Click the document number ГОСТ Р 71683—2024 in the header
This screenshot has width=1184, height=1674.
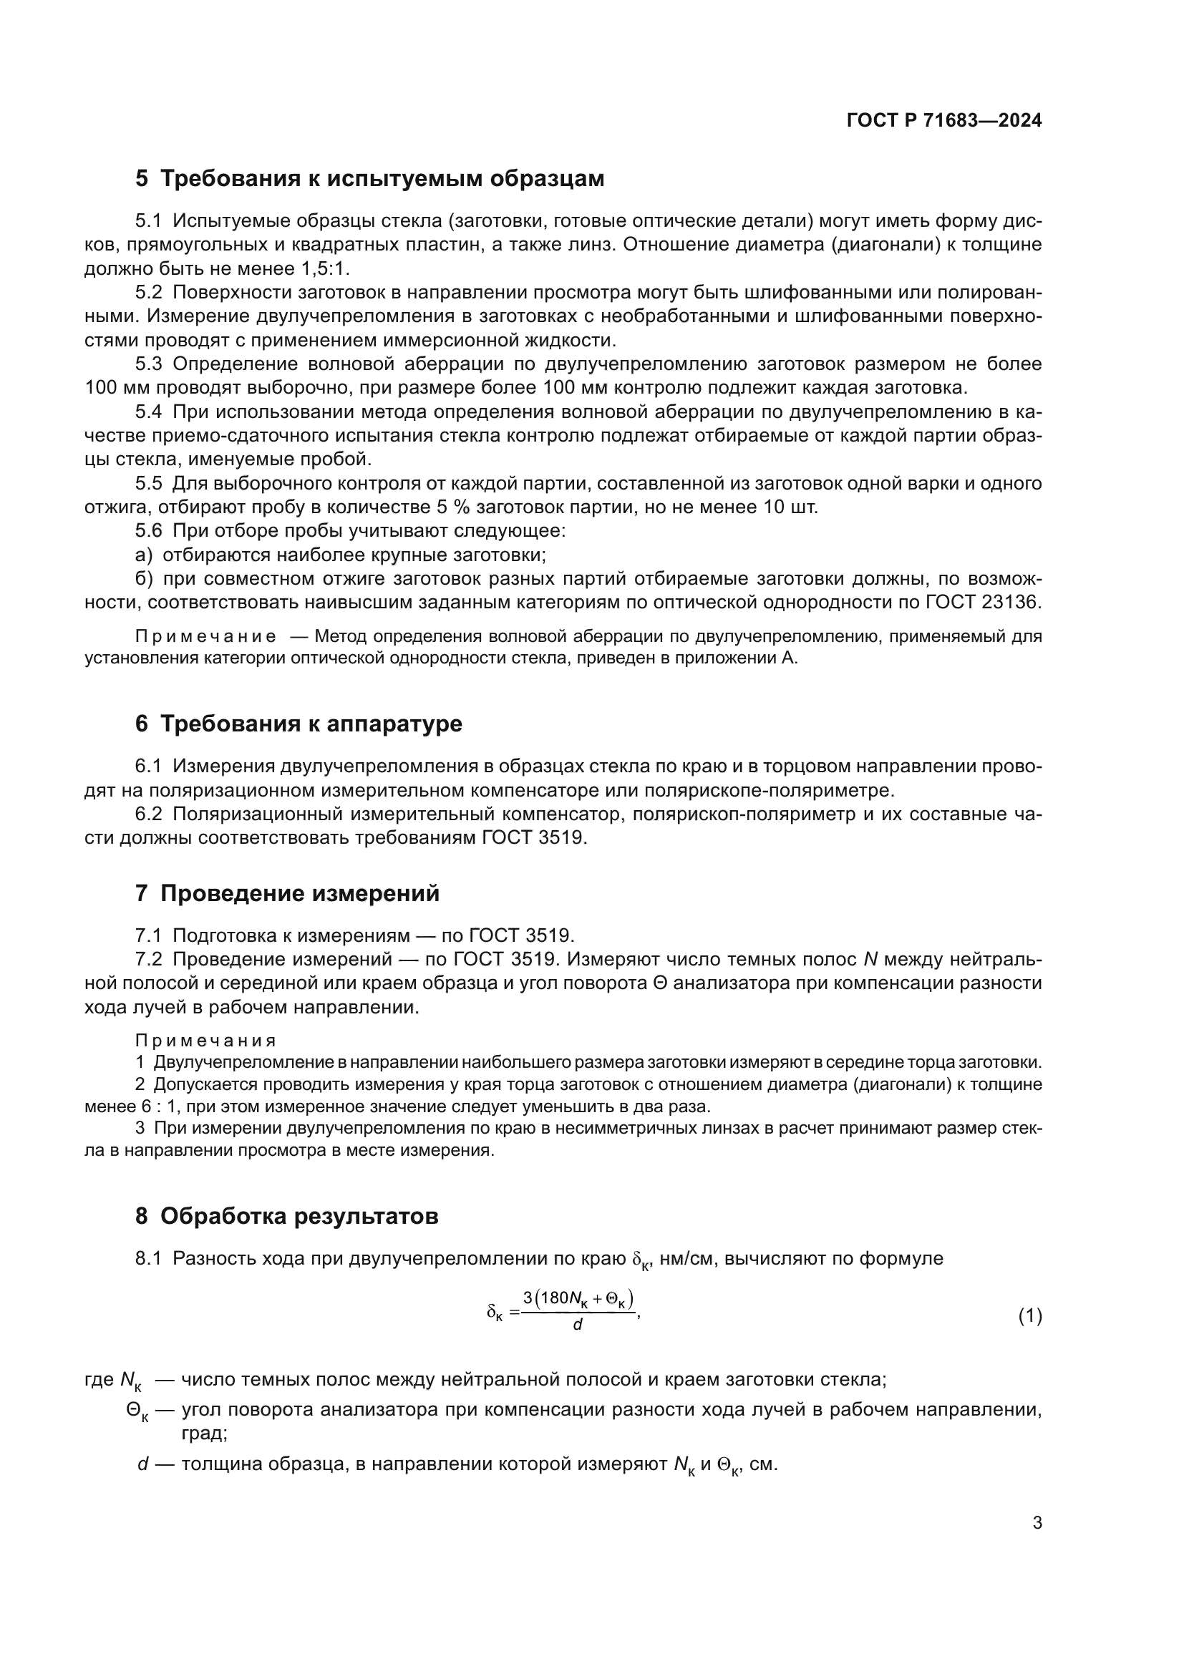coord(944,121)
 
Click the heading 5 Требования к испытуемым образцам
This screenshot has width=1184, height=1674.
coord(369,179)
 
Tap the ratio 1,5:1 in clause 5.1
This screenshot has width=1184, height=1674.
coord(324,268)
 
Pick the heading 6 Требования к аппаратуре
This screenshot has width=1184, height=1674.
coord(299,724)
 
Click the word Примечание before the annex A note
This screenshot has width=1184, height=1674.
coord(205,636)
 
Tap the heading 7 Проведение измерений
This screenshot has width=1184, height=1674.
coord(287,893)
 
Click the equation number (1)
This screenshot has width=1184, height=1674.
coord(1029,1316)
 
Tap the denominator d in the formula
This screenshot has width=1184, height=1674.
coord(578,1325)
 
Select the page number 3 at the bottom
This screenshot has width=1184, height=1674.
coord(1037,1523)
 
